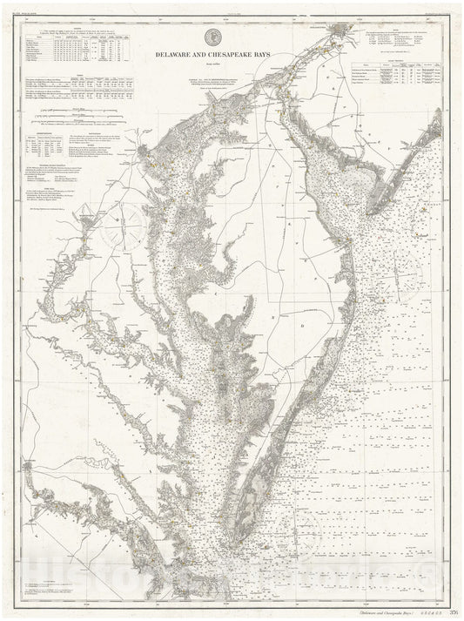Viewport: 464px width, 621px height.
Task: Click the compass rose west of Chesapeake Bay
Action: click(121, 228)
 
